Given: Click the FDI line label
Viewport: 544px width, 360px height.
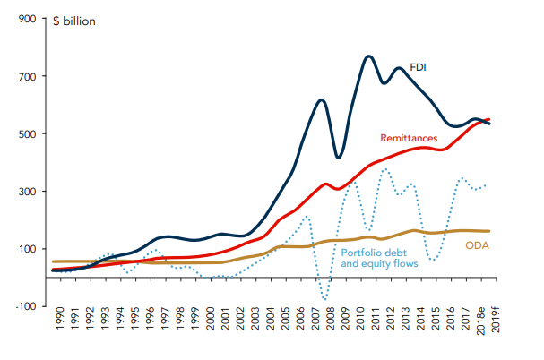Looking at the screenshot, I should coord(419,66).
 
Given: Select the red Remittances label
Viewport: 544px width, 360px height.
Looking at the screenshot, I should coord(409,139).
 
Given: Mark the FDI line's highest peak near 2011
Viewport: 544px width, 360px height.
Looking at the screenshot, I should coord(369,56).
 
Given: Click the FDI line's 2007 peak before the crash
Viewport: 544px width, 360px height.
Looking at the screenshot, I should coord(322,99).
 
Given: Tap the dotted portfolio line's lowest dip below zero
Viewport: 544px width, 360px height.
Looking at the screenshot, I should coord(324,299).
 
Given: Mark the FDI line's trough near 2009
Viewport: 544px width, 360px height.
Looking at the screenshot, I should coord(338,158).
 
